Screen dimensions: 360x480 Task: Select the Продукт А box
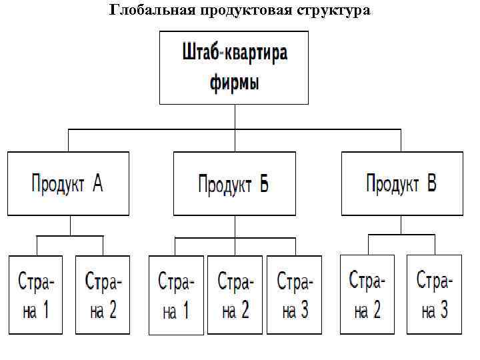(68, 183)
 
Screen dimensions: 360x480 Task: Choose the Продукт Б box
(234, 183)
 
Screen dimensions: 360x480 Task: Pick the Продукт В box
(401, 183)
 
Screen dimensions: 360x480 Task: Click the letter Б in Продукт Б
(263, 184)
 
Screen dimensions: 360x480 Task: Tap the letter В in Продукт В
(431, 183)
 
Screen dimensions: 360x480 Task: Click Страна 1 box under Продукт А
(35, 294)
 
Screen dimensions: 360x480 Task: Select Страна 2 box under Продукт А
(102, 294)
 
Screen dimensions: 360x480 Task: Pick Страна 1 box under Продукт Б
(175, 295)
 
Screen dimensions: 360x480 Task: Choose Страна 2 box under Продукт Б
(235, 295)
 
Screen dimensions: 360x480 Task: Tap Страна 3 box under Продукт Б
(294, 295)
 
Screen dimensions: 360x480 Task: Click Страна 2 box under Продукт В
(367, 294)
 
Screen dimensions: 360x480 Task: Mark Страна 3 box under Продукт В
(434, 294)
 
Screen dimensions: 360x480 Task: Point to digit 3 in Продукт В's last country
(444, 310)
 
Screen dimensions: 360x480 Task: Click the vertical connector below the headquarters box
(234, 117)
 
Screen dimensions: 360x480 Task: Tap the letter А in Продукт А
(97, 183)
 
